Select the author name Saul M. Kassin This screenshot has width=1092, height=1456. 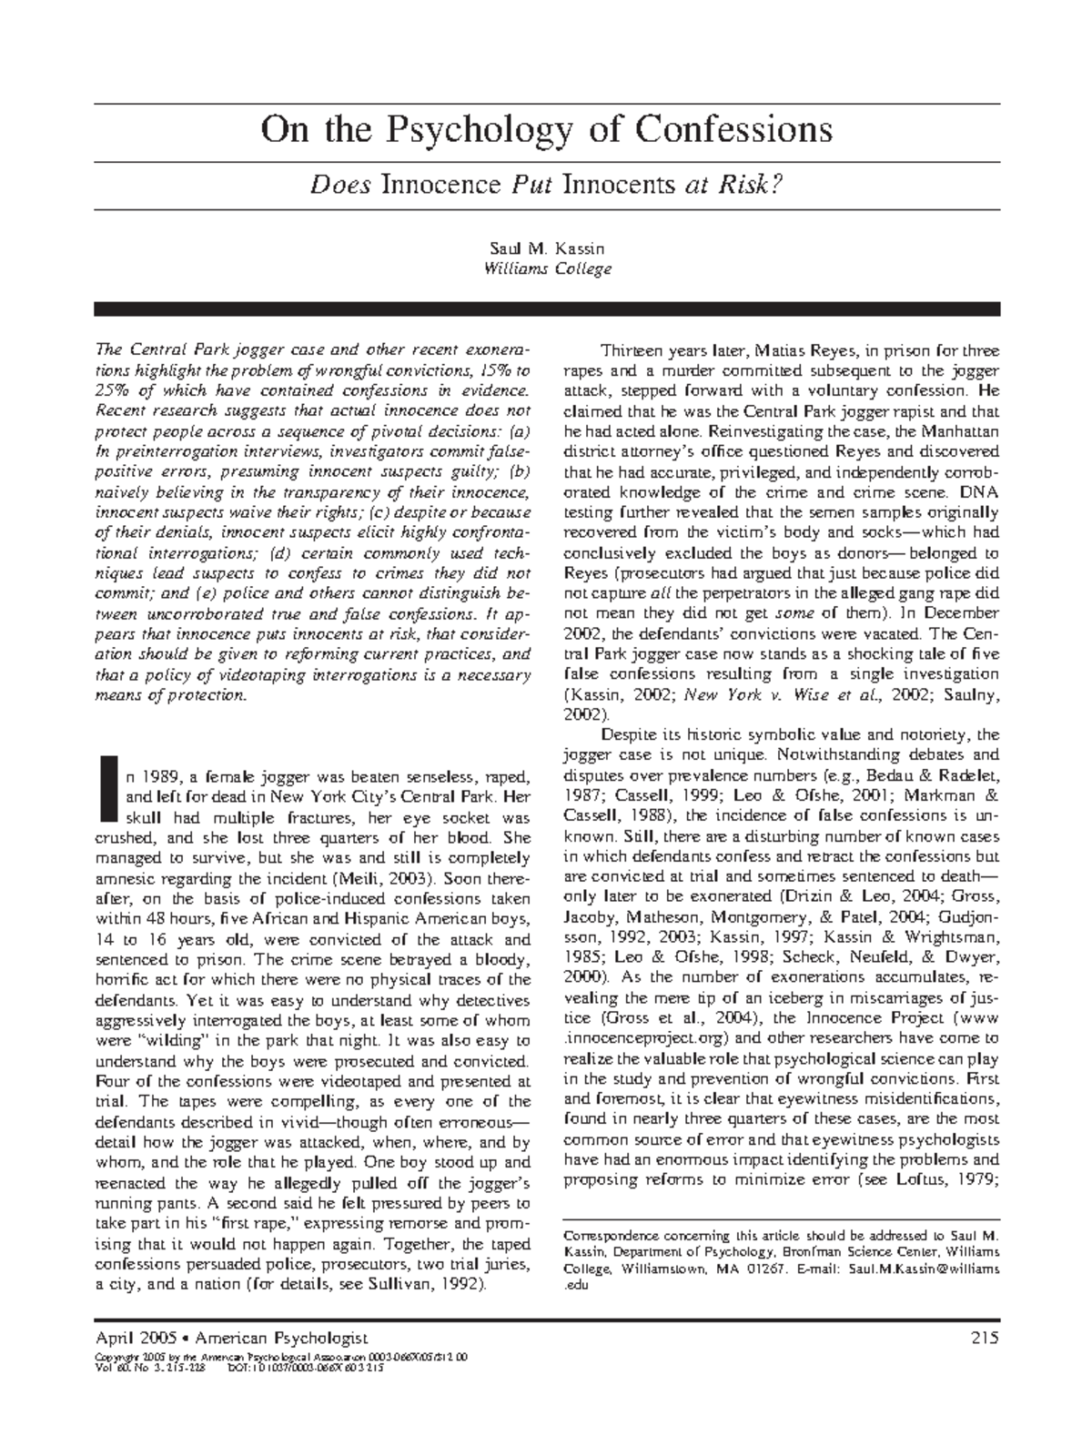click(x=546, y=248)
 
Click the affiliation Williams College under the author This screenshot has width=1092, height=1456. click(x=546, y=268)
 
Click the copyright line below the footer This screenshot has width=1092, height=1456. click(x=282, y=1356)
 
